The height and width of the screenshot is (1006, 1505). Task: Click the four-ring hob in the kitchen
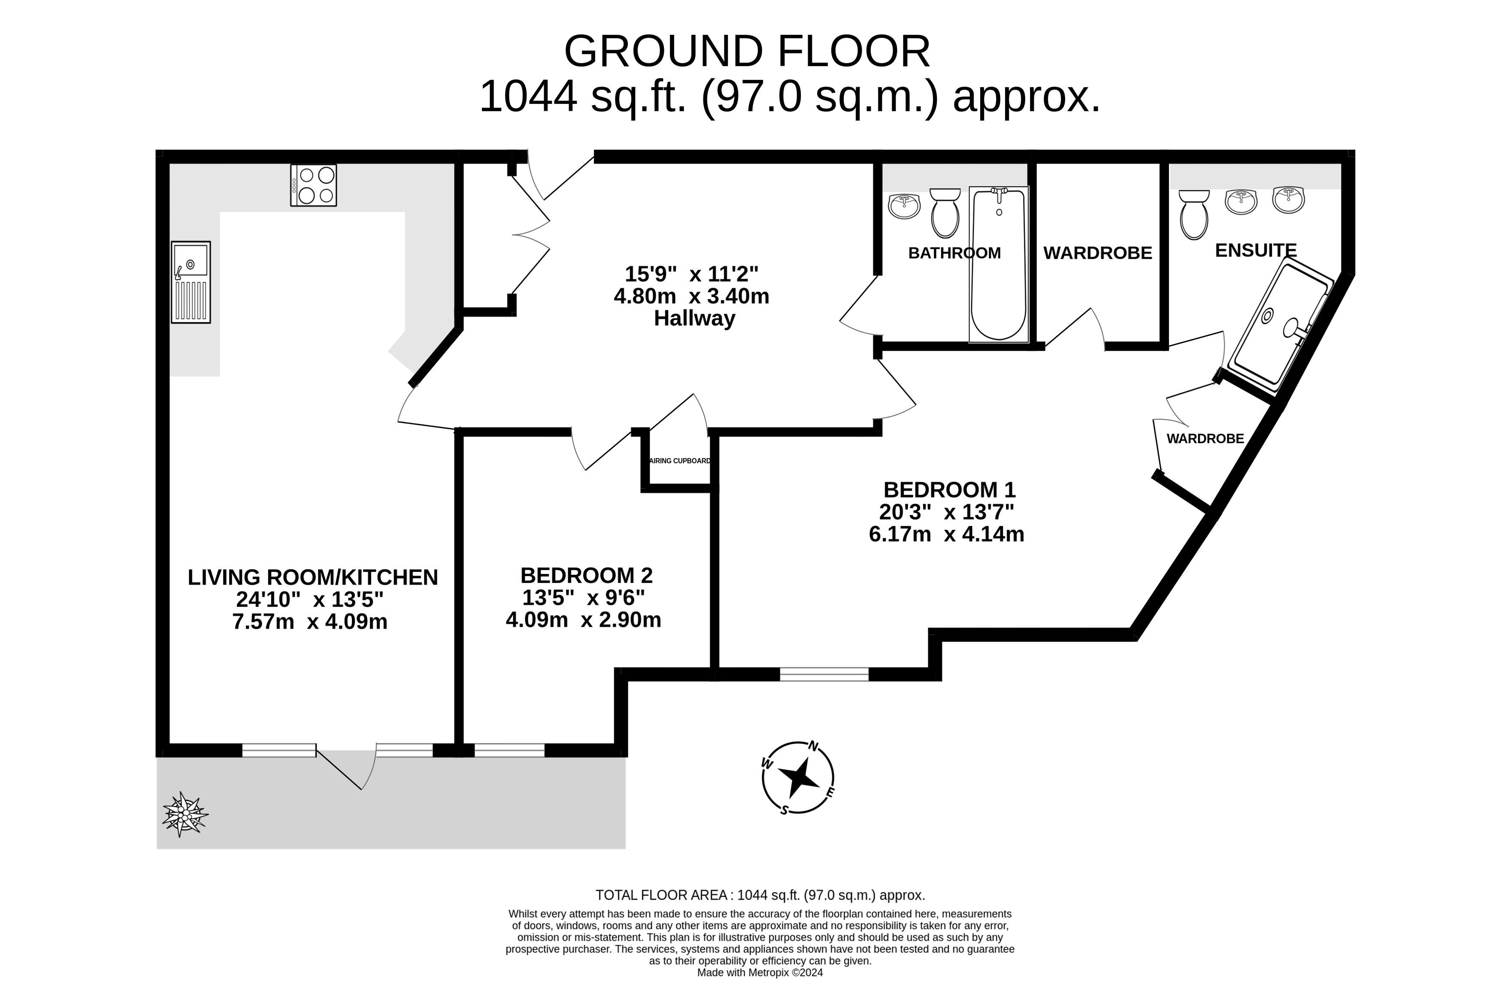tap(313, 185)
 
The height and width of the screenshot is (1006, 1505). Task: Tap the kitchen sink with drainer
tap(191, 282)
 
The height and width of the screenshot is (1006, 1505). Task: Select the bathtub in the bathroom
tap(999, 264)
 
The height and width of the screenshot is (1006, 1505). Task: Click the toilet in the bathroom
tap(945, 213)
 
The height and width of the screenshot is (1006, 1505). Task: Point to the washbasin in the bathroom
tap(904, 206)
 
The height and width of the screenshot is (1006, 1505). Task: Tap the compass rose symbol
tap(798, 778)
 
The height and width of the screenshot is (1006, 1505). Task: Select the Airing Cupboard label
tap(680, 461)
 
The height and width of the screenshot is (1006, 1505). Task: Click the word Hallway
tap(694, 318)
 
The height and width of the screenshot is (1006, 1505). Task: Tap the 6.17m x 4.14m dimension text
tap(946, 534)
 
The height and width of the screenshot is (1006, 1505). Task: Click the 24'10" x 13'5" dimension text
tap(309, 599)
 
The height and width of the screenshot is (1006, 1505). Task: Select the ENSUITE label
tap(1255, 250)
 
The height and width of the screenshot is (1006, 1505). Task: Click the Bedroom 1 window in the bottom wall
tap(824, 674)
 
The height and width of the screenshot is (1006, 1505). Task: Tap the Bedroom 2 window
tap(509, 750)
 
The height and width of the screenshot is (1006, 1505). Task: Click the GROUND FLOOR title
tap(746, 51)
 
